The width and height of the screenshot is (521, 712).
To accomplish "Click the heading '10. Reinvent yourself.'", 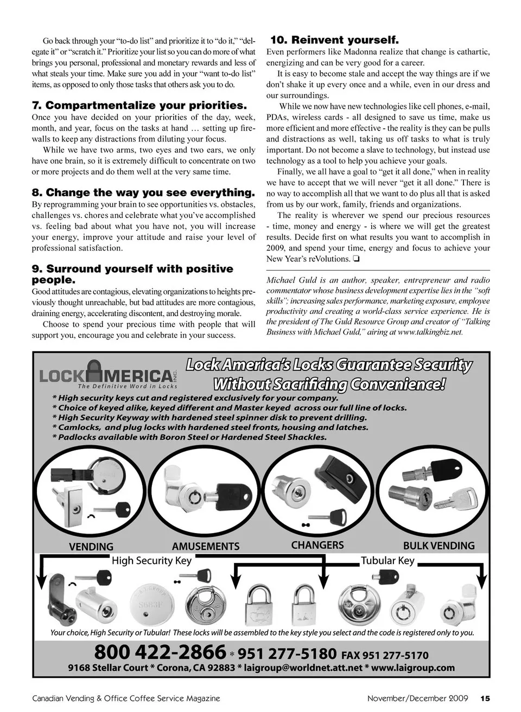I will coord(334,40).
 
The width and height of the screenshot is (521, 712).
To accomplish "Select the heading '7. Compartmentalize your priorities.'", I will coord(139,105).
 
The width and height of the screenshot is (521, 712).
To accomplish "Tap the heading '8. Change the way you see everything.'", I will coord(143,193).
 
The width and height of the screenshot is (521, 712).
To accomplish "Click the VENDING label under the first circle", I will coord(91,547).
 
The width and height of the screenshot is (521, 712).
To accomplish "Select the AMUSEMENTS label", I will coord(205,546).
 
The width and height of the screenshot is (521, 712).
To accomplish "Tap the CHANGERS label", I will coord(317,545).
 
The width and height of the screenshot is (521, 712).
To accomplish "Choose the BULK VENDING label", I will coord(439,546).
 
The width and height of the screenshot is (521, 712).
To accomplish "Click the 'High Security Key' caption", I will coord(151,560).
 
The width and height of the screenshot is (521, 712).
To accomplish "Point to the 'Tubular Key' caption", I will coord(387,560).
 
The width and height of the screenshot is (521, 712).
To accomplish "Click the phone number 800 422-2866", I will coord(160,652).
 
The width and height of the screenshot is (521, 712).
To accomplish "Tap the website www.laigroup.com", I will coord(413,668).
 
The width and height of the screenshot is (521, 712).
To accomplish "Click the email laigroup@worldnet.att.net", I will coord(303,668).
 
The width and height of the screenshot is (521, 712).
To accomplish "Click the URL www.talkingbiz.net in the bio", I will coord(430,332).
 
